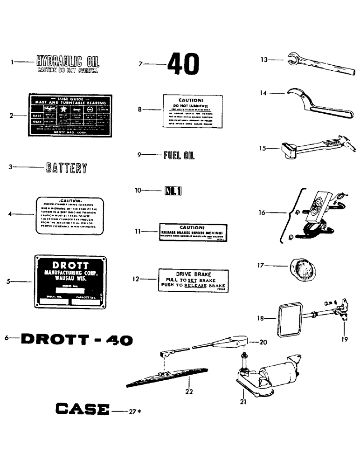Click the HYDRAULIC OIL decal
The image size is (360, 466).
pyautogui.click(x=68, y=64)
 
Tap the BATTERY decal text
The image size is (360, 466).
pyautogui.click(x=66, y=168)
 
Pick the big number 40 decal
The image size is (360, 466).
pyautogui.click(x=183, y=64)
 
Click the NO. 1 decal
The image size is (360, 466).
pyautogui.click(x=173, y=191)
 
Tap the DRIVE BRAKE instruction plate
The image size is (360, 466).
pyautogui.click(x=194, y=280)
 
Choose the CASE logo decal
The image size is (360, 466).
pyautogui.click(x=83, y=410)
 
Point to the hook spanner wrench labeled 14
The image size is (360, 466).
pyautogui.click(x=317, y=105)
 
